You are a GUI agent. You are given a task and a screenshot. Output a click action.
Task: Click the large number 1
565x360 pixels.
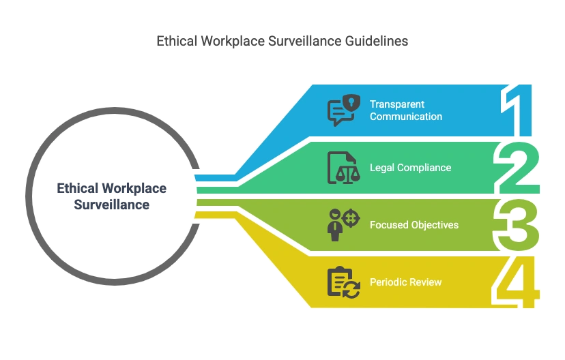[520, 111]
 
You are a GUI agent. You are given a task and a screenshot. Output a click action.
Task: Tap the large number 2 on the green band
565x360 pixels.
[518, 168]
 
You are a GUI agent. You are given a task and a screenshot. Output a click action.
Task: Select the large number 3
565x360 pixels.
[518, 224]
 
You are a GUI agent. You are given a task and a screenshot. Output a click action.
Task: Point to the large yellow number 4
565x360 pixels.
[518, 282]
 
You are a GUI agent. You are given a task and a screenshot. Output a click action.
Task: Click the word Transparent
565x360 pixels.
[397, 104]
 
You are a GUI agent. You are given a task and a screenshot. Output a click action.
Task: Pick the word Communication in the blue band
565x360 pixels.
[406, 117]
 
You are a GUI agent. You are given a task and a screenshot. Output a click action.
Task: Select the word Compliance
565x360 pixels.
[424, 168]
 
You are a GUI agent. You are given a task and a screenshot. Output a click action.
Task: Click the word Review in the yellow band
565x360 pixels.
[426, 282]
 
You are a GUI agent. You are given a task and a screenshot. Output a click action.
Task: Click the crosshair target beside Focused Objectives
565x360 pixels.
[351, 218]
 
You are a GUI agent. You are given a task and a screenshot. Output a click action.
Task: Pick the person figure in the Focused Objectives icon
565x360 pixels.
[334, 226]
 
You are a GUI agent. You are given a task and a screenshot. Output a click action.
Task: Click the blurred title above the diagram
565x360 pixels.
[281, 42]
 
